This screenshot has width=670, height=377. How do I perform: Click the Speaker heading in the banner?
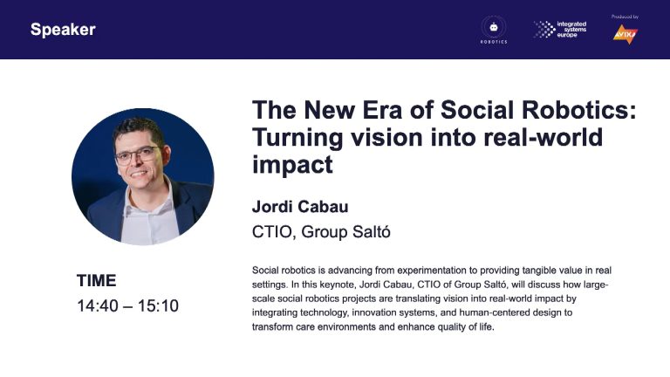(x=63, y=30)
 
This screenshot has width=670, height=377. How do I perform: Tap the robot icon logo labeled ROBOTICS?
(x=494, y=30)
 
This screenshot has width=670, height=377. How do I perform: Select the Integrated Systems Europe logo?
(x=560, y=30)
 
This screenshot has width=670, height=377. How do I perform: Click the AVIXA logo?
(x=626, y=34)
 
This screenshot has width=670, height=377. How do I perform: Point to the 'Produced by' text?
(x=625, y=17)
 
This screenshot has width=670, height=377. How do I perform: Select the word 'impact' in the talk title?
(x=292, y=165)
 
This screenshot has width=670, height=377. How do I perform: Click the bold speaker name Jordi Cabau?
(x=300, y=207)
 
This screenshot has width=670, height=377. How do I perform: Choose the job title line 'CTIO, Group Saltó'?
(x=321, y=231)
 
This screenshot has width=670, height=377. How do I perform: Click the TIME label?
(x=97, y=280)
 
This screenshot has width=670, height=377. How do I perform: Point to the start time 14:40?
(x=98, y=305)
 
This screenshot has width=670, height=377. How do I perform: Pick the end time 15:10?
(x=158, y=305)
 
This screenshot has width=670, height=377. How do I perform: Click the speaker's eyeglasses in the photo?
(x=138, y=155)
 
